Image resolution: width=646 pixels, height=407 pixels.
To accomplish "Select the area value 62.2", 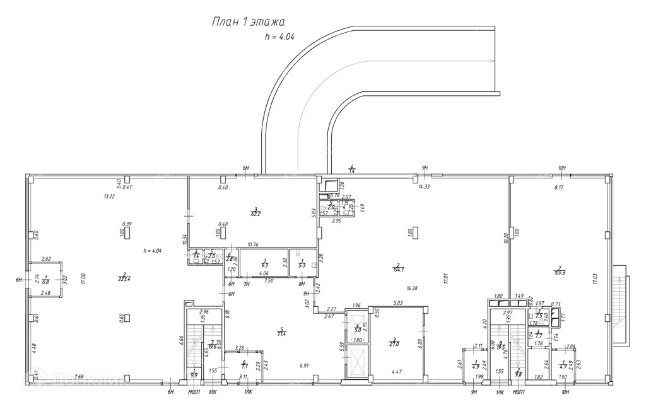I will [x=255, y=212].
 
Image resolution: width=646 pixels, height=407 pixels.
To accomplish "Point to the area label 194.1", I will [x=398, y=269].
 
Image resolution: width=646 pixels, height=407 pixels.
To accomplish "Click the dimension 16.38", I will [x=413, y=288].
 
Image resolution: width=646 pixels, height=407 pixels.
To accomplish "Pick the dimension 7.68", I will [x=79, y=377].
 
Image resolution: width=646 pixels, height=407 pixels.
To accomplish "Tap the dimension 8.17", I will [x=560, y=187].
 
